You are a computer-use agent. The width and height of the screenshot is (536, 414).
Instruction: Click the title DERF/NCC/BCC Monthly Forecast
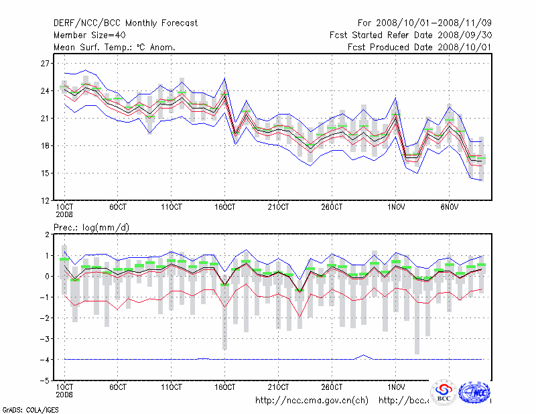click(x=125, y=23)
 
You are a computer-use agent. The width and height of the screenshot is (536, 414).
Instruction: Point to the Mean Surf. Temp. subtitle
click(x=115, y=48)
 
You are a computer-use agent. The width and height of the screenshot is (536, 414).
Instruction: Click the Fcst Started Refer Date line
click(x=415, y=36)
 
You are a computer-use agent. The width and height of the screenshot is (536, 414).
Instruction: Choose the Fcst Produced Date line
click(x=423, y=48)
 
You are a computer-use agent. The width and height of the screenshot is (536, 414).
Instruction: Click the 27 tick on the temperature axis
click(x=46, y=64)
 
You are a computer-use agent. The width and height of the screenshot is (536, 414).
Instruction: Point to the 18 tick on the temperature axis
click(x=46, y=146)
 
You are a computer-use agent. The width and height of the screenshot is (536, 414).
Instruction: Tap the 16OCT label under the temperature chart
click(x=225, y=207)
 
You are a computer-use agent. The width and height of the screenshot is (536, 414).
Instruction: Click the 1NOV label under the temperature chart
click(x=396, y=207)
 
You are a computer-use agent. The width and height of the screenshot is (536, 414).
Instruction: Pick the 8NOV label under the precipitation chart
click(x=450, y=387)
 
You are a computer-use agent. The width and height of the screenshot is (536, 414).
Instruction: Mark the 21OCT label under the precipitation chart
click(x=278, y=387)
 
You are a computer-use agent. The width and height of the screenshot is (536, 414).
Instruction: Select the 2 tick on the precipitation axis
click(x=48, y=234)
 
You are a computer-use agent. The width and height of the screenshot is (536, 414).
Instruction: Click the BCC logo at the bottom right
click(x=444, y=393)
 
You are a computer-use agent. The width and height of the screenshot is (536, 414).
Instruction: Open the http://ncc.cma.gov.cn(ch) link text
click(x=312, y=401)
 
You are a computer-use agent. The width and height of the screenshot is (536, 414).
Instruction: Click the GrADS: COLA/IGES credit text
click(x=29, y=409)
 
